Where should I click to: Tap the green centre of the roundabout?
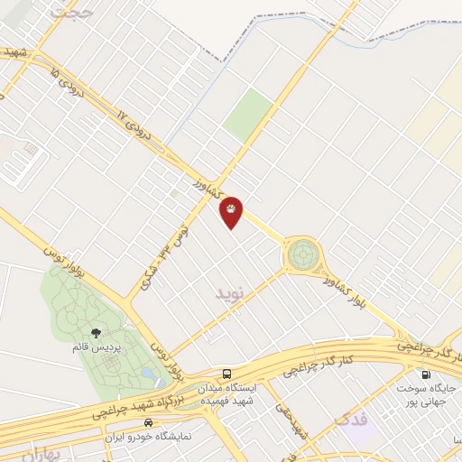point(302,254)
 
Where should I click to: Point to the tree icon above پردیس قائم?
point(96,333)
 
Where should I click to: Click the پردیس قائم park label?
point(96,346)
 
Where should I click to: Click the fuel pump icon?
point(425,374)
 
